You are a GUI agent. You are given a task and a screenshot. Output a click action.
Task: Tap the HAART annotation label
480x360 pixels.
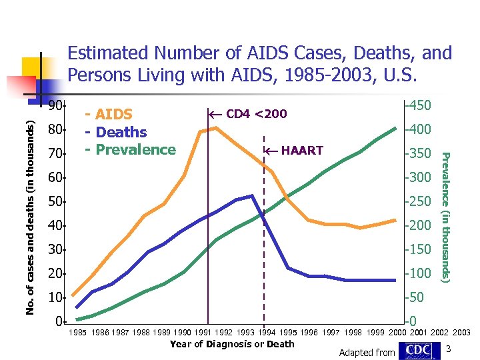302,151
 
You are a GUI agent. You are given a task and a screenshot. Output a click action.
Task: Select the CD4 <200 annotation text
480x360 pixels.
257,113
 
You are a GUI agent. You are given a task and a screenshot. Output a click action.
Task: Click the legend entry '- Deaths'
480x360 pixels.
117,132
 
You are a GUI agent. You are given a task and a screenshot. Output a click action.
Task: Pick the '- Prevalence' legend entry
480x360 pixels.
130,149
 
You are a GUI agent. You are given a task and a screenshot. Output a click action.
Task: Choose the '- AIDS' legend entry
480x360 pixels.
110,115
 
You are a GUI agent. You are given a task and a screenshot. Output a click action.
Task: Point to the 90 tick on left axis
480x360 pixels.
56,106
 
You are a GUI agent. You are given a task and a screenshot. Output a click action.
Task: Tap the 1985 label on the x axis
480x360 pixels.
79,332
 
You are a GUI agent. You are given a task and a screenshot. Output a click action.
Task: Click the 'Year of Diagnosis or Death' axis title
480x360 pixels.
232,344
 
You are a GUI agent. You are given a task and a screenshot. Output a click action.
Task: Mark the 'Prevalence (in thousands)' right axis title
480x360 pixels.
447,217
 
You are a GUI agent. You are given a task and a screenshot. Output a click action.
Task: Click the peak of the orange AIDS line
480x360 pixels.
215,127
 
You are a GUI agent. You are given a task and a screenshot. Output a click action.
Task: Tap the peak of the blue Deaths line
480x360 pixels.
252,196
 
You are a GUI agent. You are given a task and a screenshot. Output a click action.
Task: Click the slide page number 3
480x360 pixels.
449,349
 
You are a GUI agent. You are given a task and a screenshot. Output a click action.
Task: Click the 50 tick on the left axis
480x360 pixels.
56,201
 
